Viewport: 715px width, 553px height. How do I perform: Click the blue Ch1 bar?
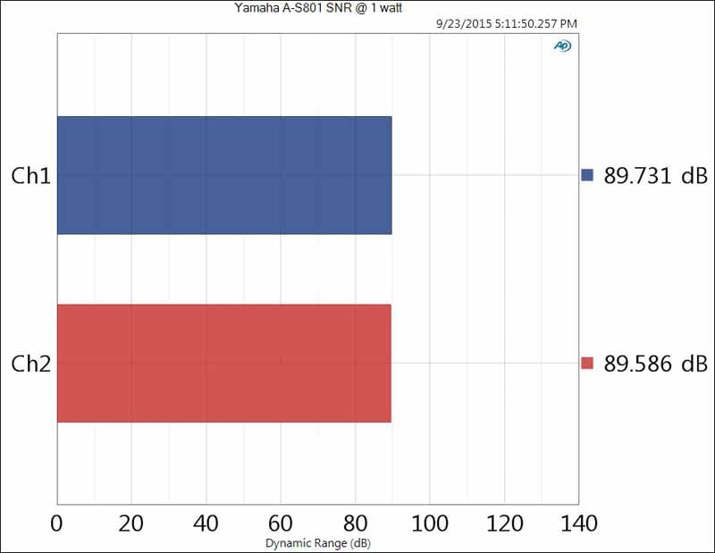[x=224, y=175]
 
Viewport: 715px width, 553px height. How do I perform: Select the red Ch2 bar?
[x=224, y=363]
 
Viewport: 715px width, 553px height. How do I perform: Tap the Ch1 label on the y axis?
[x=29, y=176]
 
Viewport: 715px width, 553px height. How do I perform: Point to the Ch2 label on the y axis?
[x=29, y=364]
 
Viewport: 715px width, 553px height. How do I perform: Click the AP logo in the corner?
[x=562, y=46]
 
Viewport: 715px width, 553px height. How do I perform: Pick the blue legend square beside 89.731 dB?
[x=587, y=175]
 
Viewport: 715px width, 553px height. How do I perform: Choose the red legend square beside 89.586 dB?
[x=587, y=364]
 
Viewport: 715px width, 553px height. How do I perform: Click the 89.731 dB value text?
[x=656, y=175]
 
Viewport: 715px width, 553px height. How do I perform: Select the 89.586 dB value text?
[x=656, y=364]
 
